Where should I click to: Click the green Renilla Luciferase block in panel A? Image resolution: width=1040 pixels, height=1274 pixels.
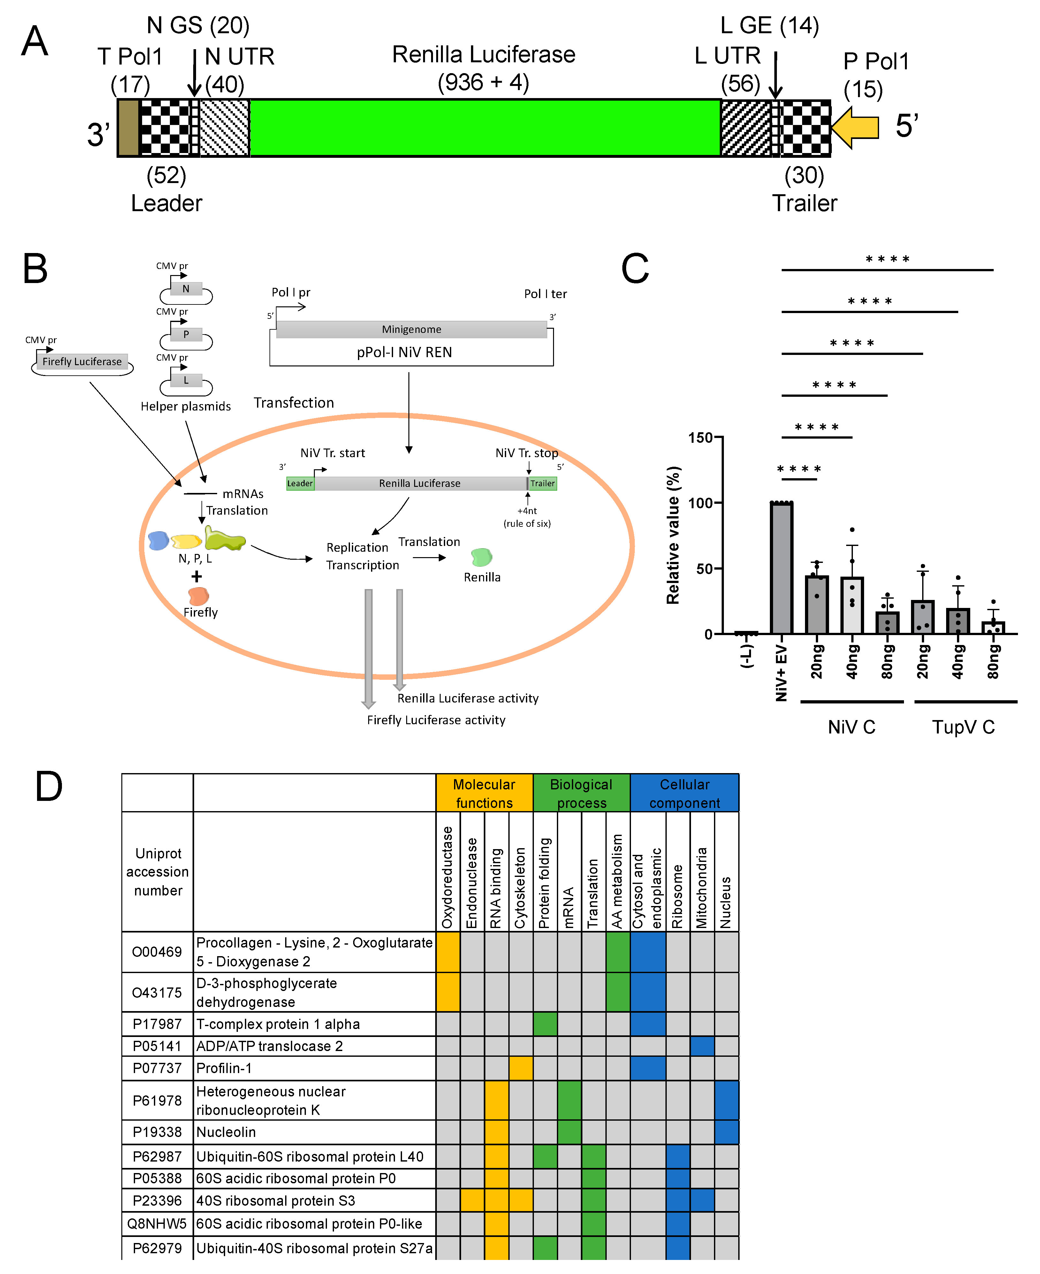tap(484, 128)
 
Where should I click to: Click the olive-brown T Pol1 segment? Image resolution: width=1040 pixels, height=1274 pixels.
tap(128, 128)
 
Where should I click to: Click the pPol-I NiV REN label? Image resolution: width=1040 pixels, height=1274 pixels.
tap(404, 352)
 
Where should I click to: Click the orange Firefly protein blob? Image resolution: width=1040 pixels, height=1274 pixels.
tap(198, 596)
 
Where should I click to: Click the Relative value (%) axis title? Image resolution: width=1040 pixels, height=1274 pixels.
tap(673, 535)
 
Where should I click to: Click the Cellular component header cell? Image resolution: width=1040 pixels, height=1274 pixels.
tap(684, 794)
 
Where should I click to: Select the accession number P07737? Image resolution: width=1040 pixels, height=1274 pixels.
tap(157, 1069)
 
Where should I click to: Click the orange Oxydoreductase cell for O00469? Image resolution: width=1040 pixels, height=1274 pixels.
tap(447, 952)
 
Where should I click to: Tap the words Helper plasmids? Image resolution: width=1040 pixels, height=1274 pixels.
tap(186, 406)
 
